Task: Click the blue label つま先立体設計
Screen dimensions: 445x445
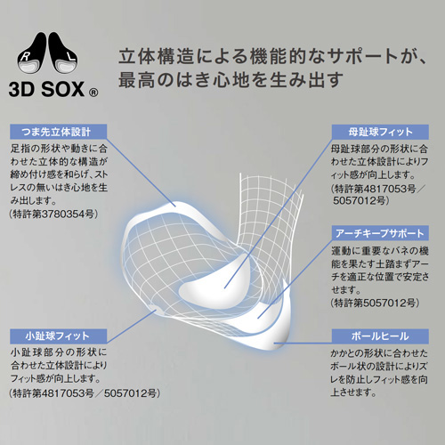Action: click(58, 132)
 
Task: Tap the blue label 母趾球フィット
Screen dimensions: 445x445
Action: click(380, 132)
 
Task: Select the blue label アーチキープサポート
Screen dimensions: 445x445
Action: click(380, 233)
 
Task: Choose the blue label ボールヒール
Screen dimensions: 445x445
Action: click(380, 336)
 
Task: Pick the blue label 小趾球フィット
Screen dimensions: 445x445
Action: click(58, 336)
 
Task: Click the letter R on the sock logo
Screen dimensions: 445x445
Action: click(25, 57)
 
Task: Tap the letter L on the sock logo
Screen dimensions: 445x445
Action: click(71, 57)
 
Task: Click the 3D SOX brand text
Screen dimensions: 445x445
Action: click(47, 89)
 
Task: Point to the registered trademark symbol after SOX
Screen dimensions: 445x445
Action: click(93, 93)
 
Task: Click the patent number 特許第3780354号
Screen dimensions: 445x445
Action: click(53, 214)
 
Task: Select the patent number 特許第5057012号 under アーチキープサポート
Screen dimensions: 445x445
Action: click(375, 303)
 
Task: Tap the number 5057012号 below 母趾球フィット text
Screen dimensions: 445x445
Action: click(360, 201)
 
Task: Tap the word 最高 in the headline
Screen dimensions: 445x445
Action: click(137, 80)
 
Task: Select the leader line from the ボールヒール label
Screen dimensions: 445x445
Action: click(303, 344)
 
